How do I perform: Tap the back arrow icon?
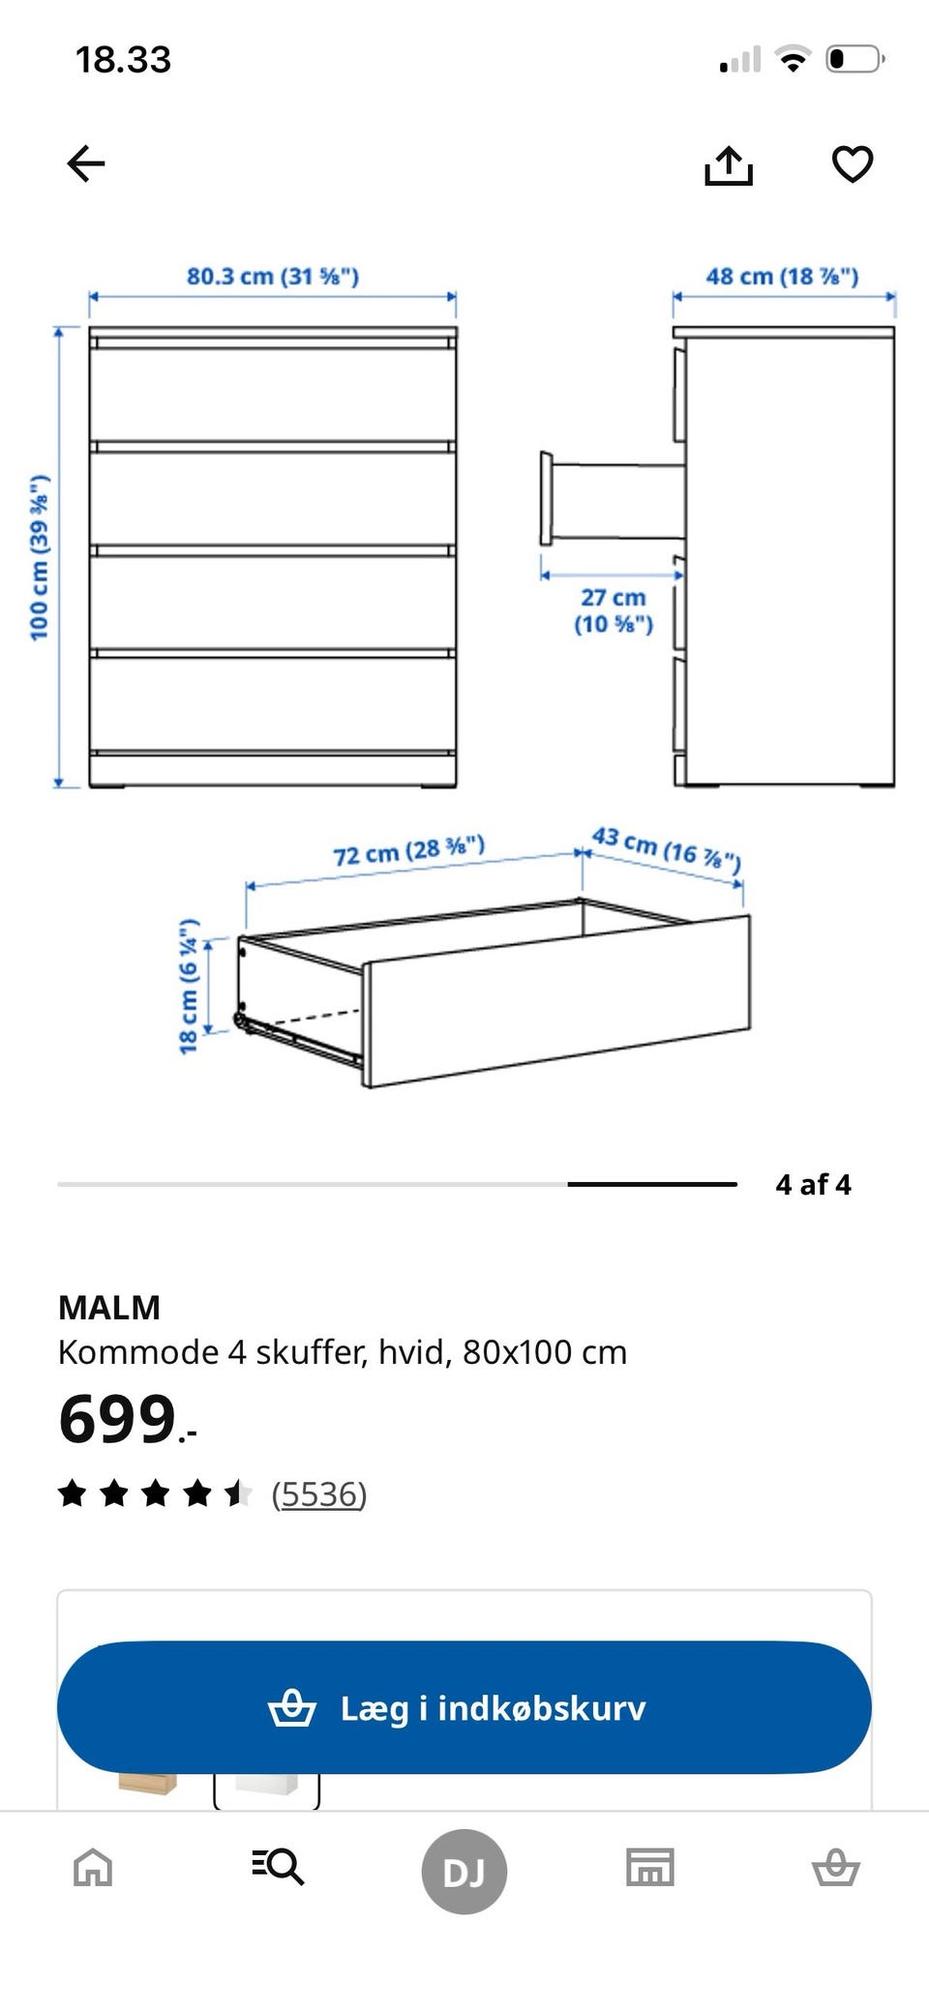[x=85, y=163]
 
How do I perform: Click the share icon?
[x=728, y=164]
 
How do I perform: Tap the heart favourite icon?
[x=853, y=163]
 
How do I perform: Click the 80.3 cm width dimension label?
[x=273, y=276]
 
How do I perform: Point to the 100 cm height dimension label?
[x=39, y=557]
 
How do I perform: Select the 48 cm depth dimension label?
[x=782, y=276]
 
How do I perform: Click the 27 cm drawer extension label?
[x=614, y=610]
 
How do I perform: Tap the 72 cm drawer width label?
[x=408, y=850]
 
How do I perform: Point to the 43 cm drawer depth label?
[x=667, y=848]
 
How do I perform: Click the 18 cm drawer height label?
[x=189, y=986]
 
